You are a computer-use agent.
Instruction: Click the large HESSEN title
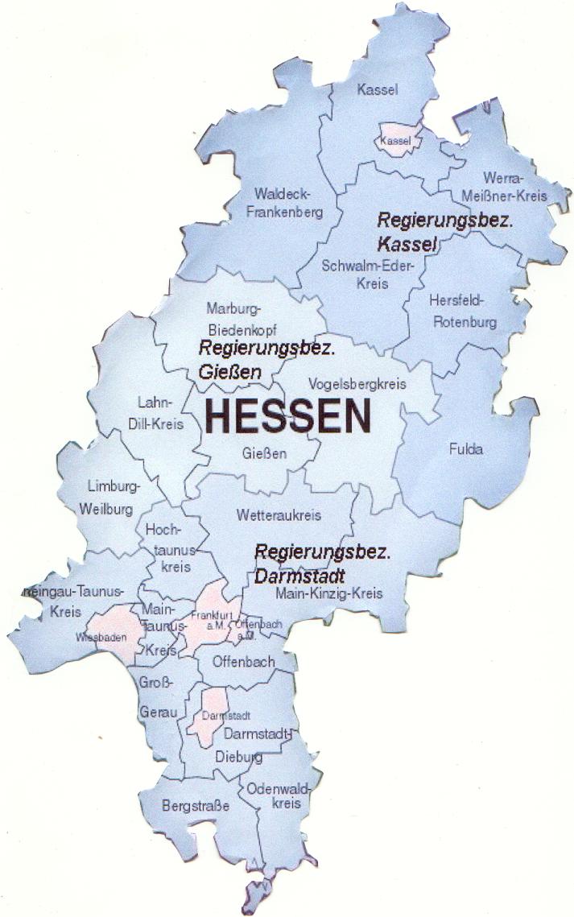(x=288, y=416)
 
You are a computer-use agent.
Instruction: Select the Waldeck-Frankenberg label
(x=287, y=203)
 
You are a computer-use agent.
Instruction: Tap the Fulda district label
(x=466, y=449)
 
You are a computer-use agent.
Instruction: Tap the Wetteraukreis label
(x=279, y=514)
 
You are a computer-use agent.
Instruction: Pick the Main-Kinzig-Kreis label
(x=328, y=594)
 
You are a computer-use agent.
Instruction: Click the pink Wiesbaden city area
(x=111, y=630)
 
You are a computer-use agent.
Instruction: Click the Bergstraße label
(x=196, y=805)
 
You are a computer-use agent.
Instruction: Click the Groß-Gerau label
(x=157, y=698)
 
